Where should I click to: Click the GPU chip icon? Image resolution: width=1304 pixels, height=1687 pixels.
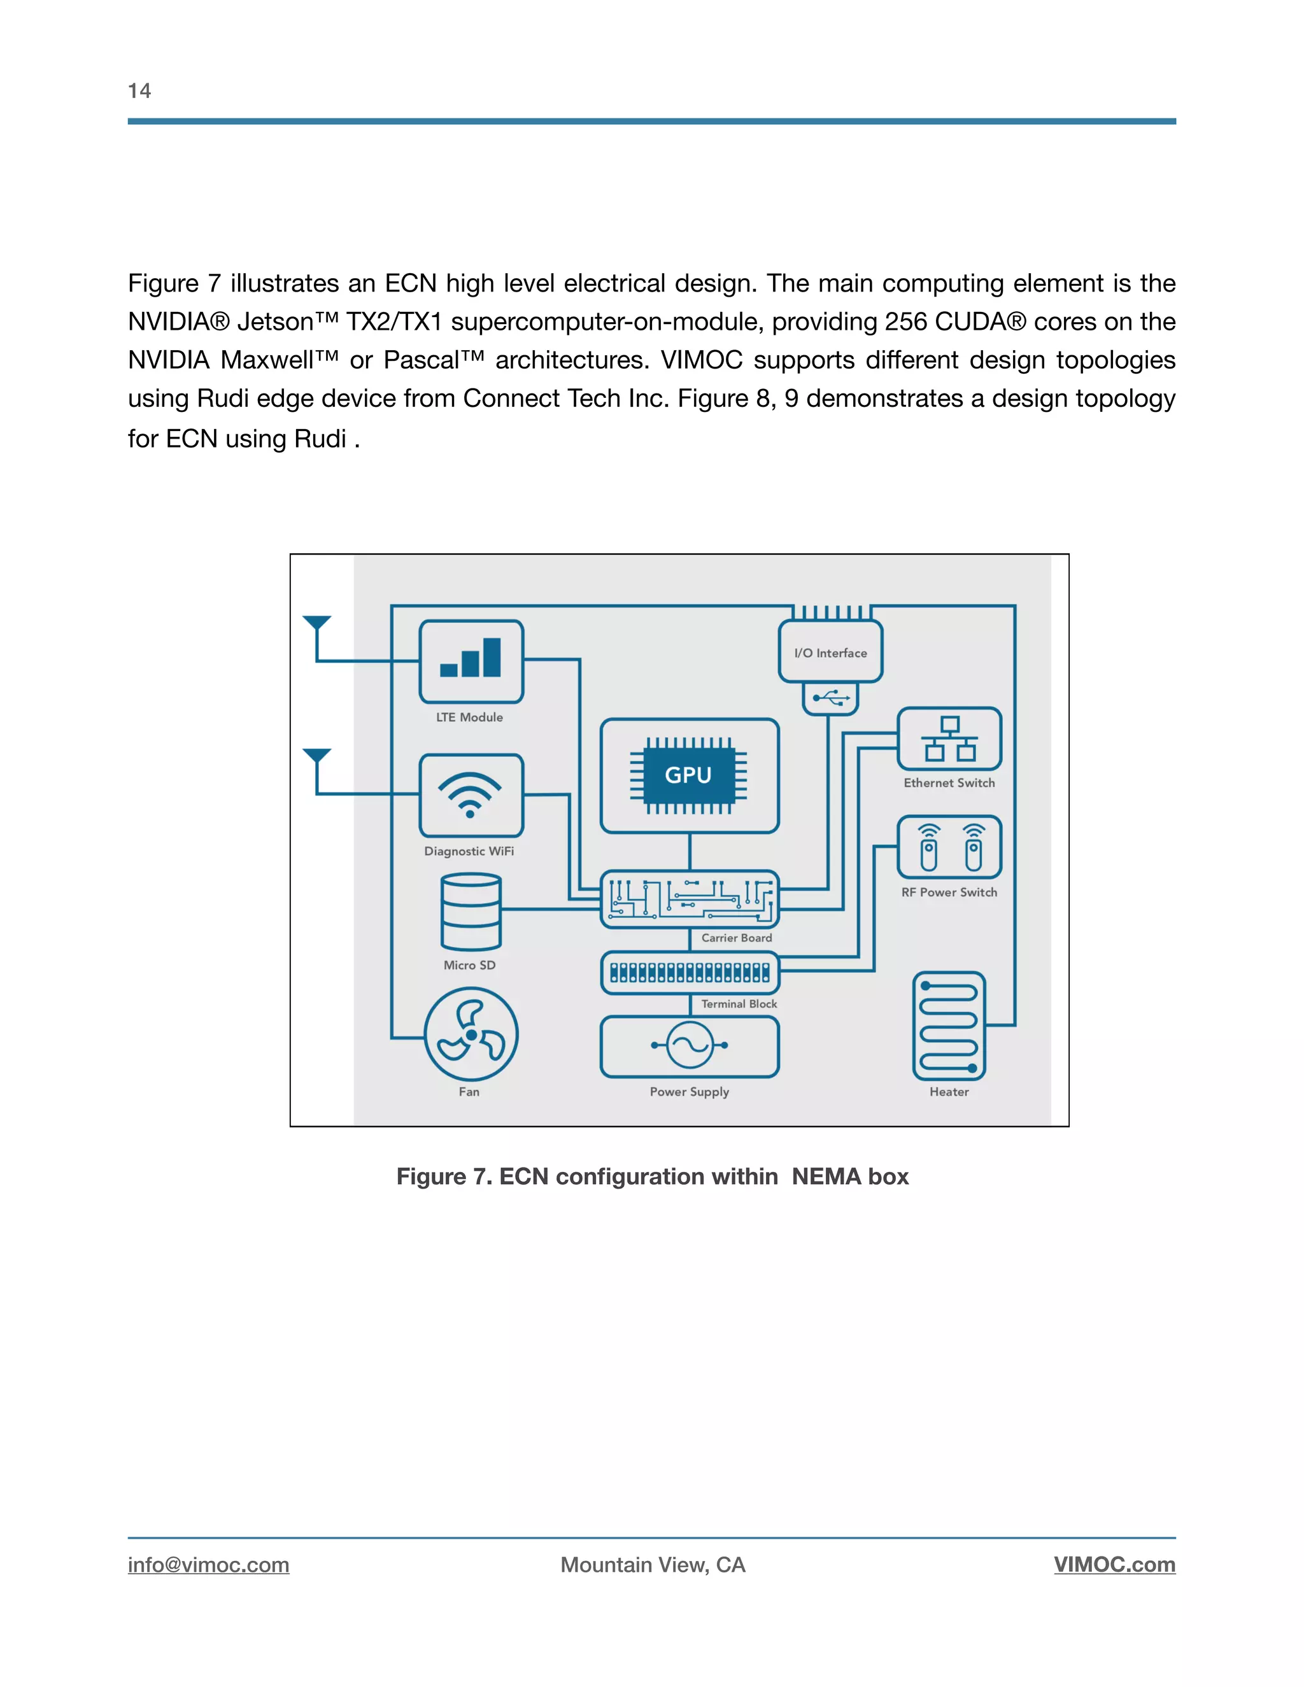(x=688, y=775)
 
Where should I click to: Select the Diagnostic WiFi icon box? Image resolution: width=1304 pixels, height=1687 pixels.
(x=471, y=796)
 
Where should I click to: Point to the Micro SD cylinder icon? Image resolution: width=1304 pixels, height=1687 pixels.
(x=471, y=912)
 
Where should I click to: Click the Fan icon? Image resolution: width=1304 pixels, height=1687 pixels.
(x=471, y=1034)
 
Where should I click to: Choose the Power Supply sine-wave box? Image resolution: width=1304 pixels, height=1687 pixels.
(x=689, y=1046)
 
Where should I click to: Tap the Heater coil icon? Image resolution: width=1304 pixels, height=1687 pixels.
(x=949, y=1026)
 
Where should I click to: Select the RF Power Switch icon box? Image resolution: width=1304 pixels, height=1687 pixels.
(x=949, y=847)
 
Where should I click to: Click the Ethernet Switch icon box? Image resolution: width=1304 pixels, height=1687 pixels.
(x=949, y=738)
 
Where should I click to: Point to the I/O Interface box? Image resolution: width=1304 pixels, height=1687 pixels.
(x=830, y=652)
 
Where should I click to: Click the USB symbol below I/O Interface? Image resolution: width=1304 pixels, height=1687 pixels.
(x=830, y=698)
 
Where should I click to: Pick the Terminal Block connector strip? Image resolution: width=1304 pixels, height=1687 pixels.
(x=690, y=973)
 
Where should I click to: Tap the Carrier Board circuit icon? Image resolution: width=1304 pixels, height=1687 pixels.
(x=690, y=899)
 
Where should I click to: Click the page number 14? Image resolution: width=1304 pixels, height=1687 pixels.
(x=139, y=91)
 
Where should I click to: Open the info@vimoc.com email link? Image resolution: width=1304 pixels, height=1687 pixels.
(x=209, y=1565)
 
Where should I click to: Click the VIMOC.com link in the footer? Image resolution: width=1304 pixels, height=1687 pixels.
(x=1114, y=1565)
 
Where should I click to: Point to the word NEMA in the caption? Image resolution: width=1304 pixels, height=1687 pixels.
(x=826, y=1176)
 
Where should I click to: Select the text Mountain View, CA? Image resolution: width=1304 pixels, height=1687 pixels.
(x=653, y=1565)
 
